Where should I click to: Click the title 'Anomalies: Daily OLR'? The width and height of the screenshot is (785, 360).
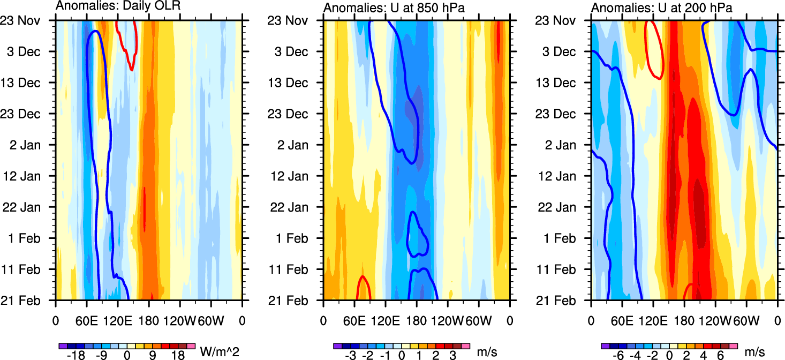pos(118,6)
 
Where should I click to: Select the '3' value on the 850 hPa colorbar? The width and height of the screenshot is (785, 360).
pos(453,356)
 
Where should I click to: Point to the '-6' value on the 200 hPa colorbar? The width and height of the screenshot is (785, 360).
pos(620,356)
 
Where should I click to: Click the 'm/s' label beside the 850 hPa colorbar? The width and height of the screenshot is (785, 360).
pos(487,352)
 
